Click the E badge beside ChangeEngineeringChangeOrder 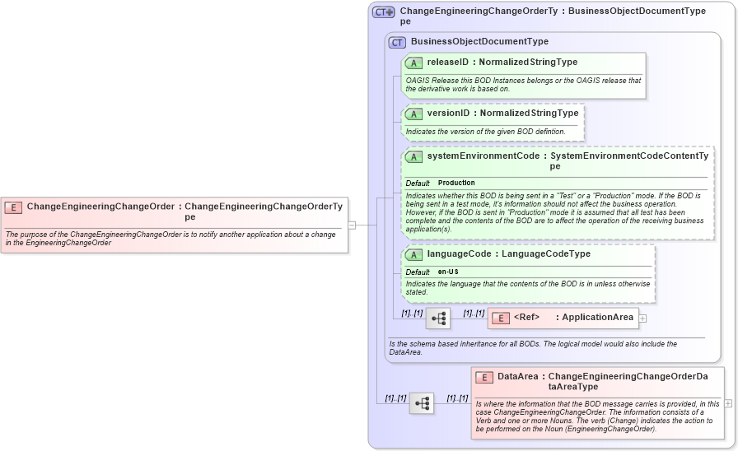point(13,207)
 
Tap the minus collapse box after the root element point(352,224)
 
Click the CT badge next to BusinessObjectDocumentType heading point(398,42)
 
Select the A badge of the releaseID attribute point(414,63)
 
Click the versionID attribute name point(448,113)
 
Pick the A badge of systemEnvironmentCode point(414,156)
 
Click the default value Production point(456,183)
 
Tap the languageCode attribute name point(459,254)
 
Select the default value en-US point(448,272)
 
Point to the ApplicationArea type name point(598,317)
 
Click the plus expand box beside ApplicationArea point(643,318)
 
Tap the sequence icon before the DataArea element point(422,403)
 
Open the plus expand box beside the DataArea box point(728,403)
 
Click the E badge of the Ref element point(500,318)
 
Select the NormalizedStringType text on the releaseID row point(528,62)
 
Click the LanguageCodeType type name point(546,254)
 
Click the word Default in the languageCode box point(418,272)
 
